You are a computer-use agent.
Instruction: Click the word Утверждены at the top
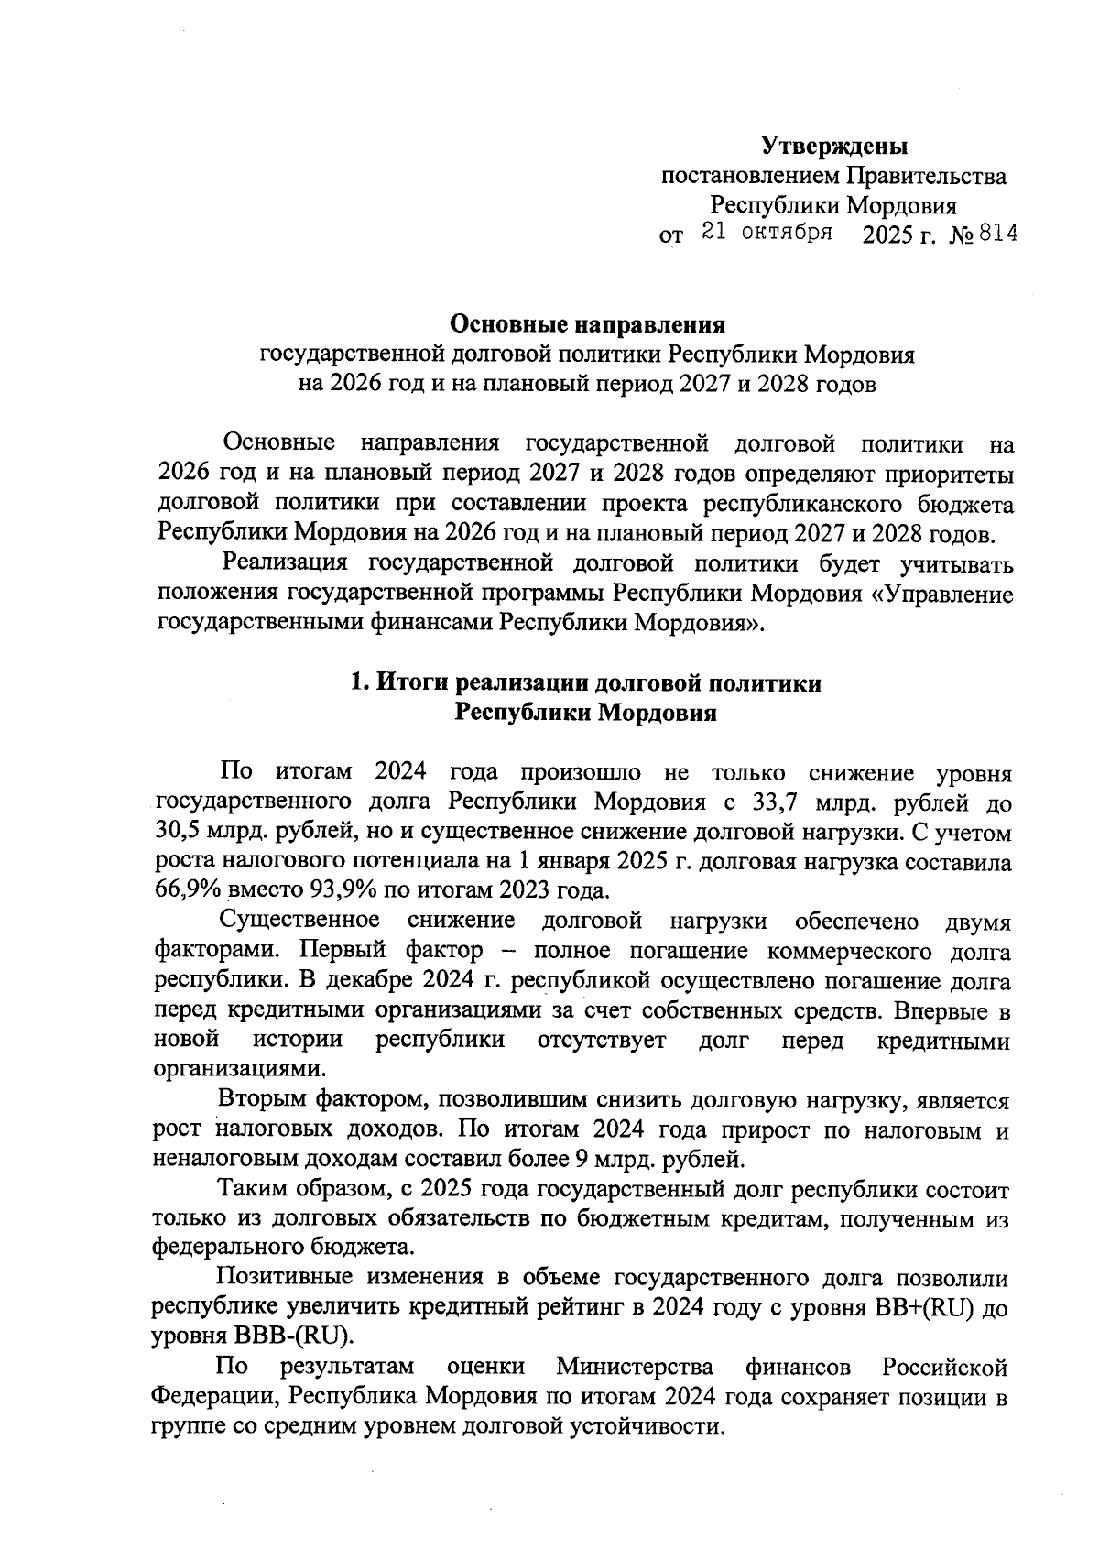[x=834, y=146]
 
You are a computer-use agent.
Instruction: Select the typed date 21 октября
[x=767, y=233]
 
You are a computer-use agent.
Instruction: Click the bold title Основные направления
[x=587, y=324]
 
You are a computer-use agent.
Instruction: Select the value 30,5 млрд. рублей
[x=256, y=833]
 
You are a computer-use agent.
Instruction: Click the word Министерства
[x=635, y=1368]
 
